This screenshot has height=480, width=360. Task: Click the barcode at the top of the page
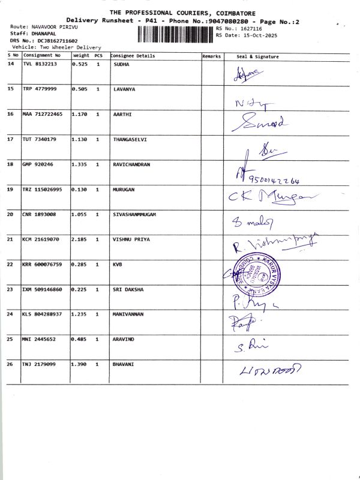point(175,34)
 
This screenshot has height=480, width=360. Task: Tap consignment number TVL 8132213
point(40,64)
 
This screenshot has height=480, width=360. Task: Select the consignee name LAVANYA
point(124,89)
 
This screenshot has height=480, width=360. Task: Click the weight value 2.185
point(80,239)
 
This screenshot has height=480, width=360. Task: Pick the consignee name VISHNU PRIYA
point(131,239)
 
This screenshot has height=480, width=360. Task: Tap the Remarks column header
point(211,56)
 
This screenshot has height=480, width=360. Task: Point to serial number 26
point(10,364)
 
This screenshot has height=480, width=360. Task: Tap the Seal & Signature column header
point(258,56)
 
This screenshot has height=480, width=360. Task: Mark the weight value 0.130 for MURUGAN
point(80,189)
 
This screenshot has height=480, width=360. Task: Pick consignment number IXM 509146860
point(42,289)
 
